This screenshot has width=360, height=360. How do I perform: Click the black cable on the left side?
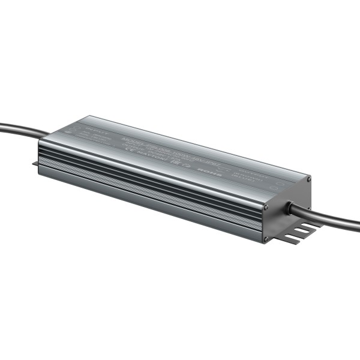click(x=21, y=129)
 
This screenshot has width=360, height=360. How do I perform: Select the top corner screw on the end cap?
click(x=308, y=179)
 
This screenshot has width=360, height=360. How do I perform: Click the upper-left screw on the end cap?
click(x=266, y=208)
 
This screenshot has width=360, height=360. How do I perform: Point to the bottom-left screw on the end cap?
click(x=266, y=239)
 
